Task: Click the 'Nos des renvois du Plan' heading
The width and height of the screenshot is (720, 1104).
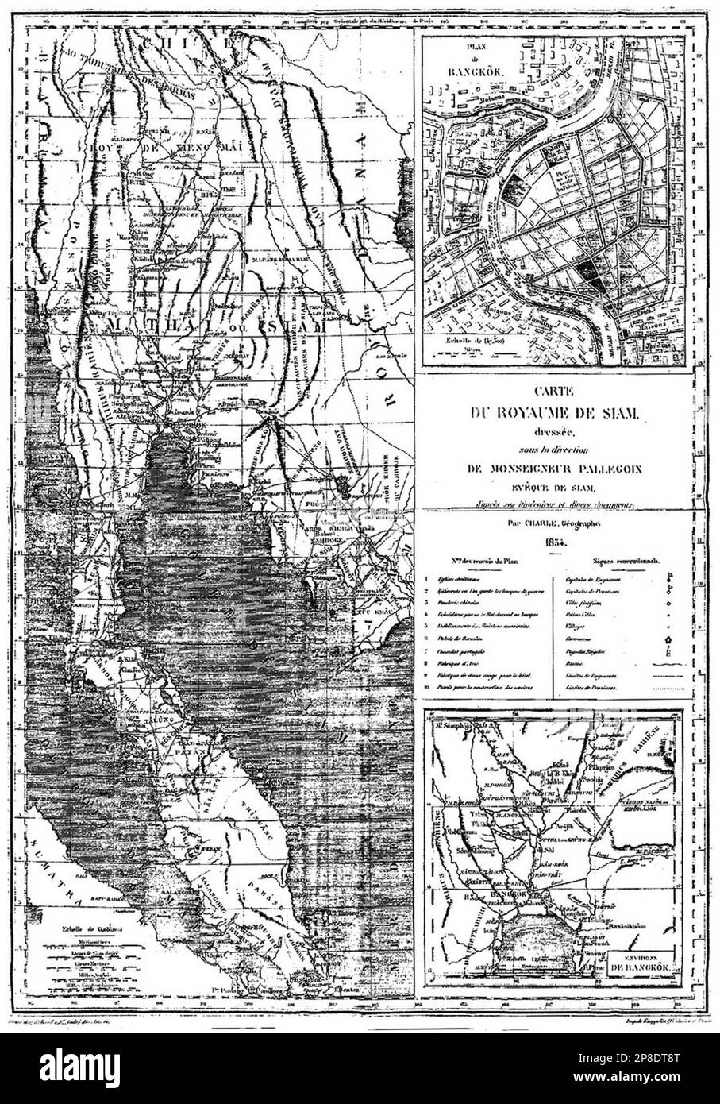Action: [x=483, y=561]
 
